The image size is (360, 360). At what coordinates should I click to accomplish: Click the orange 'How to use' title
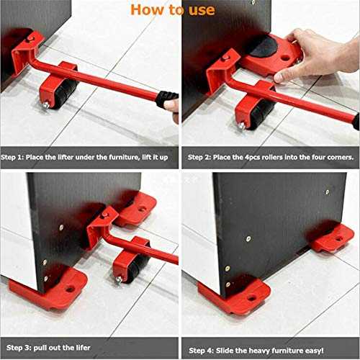(x=172, y=9)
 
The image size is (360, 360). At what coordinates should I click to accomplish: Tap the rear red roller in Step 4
(x=332, y=238)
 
